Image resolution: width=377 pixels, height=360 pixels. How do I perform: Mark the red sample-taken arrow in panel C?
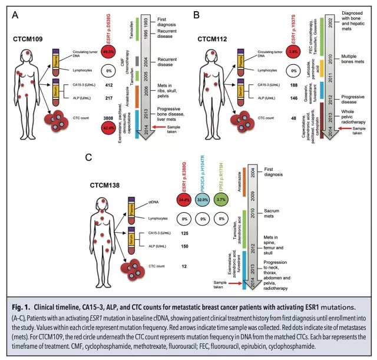click(x=244, y=283)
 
